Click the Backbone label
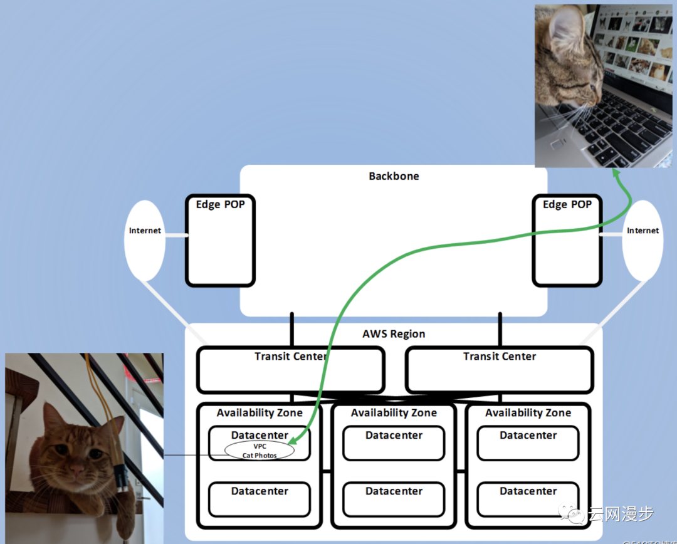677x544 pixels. pos(394,176)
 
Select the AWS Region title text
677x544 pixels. pos(394,334)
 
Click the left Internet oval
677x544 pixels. pos(145,240)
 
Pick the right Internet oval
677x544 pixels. pos(643,240)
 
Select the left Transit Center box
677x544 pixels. pos(290,370)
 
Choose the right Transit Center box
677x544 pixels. pos(500,370)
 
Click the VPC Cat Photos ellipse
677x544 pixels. pos(260,451)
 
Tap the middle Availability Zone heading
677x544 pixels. pos(394,413)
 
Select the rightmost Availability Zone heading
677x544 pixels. pos(528,413)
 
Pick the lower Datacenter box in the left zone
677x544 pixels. pos(260,499)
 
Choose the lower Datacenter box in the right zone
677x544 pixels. pos(528,499)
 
